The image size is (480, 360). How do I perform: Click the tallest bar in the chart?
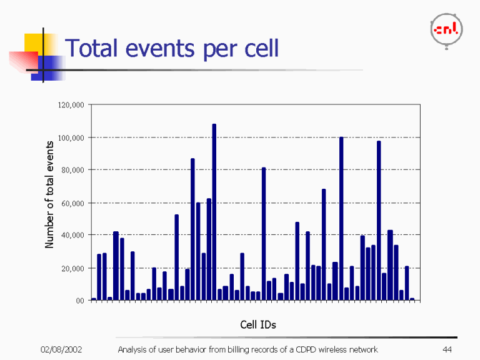(214, 212)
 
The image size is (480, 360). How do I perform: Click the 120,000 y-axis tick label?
(71, 104)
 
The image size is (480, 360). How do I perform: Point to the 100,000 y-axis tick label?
(71, 137)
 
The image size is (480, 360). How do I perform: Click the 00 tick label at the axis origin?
(79, 301)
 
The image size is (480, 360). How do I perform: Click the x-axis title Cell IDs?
(258, 324)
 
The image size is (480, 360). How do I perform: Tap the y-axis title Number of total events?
(50, 194)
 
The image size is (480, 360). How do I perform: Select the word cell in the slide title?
(258, 48)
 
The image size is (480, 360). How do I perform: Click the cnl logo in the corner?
(446, 29)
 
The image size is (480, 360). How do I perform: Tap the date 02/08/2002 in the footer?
(61, 349)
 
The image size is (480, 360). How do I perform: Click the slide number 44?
(446, 349)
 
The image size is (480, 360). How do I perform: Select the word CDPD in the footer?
(307, 349)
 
